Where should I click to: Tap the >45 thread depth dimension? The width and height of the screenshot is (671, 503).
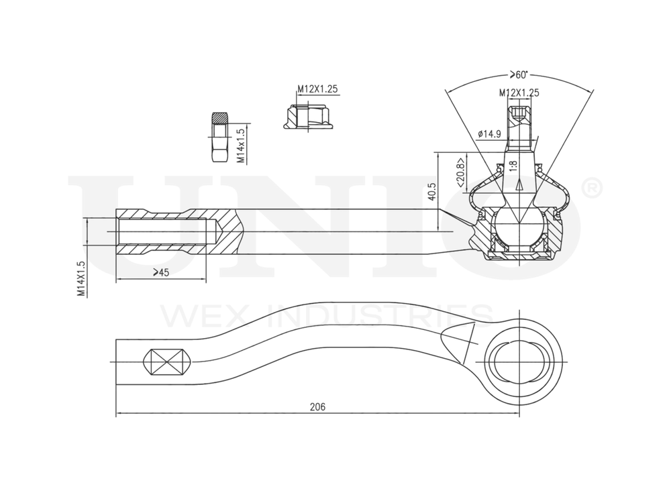coord(160,272)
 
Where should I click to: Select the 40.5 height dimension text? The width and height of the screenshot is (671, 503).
coord(431,192)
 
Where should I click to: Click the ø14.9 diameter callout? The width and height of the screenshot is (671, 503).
coord(490,134)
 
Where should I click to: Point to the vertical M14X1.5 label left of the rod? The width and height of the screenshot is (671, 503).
coord(80,278)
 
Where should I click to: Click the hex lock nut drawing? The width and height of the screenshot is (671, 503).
coord(219,137)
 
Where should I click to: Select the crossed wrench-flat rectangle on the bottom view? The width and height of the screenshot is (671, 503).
coord(167,363)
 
